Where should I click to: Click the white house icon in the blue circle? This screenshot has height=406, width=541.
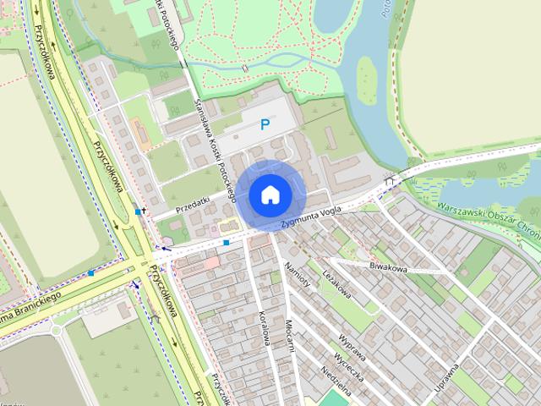click(x=270, y=195)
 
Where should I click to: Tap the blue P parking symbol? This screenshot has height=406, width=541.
click(x=265, y=125)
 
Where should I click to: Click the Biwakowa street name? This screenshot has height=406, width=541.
click(x=388, y=266)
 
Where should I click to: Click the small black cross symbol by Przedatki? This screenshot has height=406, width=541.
click(x=145, y=211)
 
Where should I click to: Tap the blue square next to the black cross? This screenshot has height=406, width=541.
click(x=138, y=211)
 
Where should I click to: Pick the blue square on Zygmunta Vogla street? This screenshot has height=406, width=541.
click(x=227, y=243)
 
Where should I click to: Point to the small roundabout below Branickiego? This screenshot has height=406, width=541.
click(x=57, y=329)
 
